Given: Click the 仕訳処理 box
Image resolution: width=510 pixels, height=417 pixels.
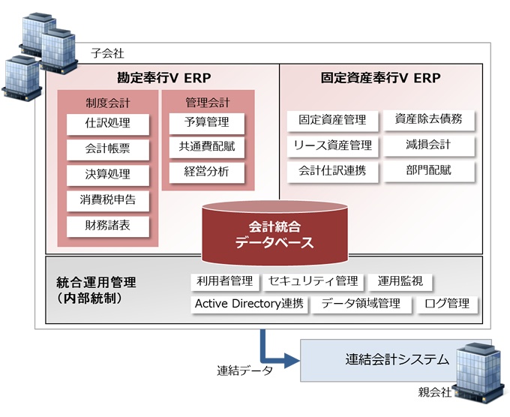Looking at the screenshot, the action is tap(108, 124).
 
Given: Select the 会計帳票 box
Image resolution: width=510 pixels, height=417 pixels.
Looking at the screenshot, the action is tap(108, 149).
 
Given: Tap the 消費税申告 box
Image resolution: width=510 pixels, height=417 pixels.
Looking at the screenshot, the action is tap(108, 201).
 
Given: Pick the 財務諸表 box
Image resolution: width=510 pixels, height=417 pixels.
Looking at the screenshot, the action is tap(108, 226).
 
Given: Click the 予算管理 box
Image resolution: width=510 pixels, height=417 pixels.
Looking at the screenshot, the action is tap(206, 123).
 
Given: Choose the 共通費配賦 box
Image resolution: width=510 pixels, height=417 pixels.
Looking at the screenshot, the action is tap(206, 147).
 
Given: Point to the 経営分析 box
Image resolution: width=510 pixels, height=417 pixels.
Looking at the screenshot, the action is tap(206, 172).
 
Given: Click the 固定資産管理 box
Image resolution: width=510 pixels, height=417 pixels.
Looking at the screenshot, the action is tap(332, 121).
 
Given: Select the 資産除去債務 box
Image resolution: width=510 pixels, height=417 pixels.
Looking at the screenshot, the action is tap(429, 120).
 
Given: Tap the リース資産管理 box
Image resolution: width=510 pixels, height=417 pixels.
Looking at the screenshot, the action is tap(332, 146).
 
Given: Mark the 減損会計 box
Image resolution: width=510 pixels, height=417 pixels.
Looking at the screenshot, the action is tap(429, 145).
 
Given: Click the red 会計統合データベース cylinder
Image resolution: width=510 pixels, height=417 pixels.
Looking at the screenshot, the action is tap(274, 233).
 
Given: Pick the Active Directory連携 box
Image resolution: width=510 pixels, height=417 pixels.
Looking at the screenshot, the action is tap(249, 304).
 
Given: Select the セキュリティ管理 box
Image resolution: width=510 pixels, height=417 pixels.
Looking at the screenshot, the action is tap(313, 282).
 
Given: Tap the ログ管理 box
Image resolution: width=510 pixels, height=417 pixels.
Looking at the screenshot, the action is tap(447, 304).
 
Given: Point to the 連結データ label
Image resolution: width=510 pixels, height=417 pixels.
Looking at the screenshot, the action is tap(245, 370).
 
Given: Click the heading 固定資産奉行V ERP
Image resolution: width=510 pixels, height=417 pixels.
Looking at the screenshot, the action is tap(380, 78).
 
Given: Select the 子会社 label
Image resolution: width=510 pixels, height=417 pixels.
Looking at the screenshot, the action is tap(107, 53).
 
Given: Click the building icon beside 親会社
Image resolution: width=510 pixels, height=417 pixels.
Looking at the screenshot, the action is tap(478, 373).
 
